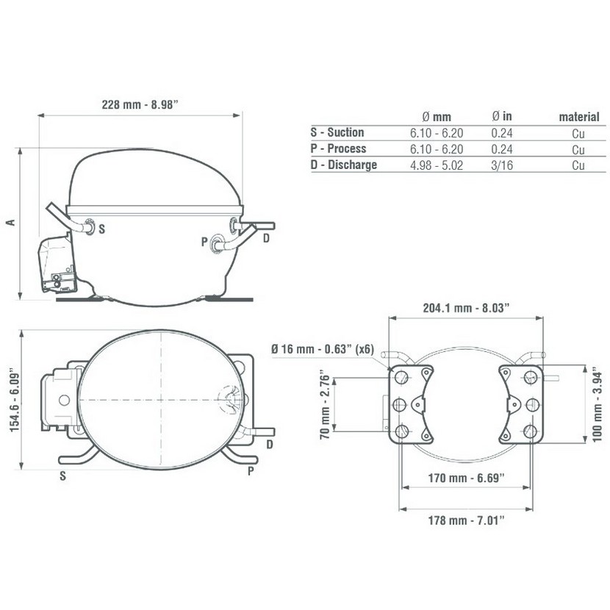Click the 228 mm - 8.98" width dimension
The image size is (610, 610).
point(140,104)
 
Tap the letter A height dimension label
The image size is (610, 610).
point(11,223)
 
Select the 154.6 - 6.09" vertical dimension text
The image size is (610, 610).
point(15,400)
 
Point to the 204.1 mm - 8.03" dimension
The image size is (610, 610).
point(466,308)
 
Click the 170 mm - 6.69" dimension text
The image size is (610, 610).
point(466,478)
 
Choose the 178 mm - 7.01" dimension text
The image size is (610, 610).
point(466,520)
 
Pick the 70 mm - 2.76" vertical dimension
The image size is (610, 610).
point(325,407)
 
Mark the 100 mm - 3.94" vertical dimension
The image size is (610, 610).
point(598,407)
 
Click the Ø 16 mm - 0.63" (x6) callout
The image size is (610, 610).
point(323,349)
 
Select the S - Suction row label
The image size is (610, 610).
point(337,132)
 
